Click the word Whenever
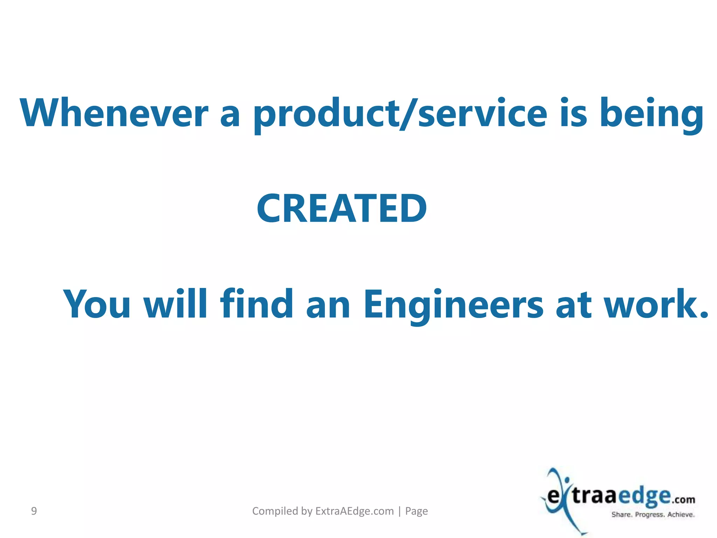click(114, 113)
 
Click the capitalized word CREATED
click(342, 209)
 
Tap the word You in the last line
click(97, 304)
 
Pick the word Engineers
click(453, 304)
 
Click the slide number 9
click(34, 511)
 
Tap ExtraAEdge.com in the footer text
click(354, 511)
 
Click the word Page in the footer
click(416, 511)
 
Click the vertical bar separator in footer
click(399, 511)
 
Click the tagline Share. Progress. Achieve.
click(653, 515)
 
